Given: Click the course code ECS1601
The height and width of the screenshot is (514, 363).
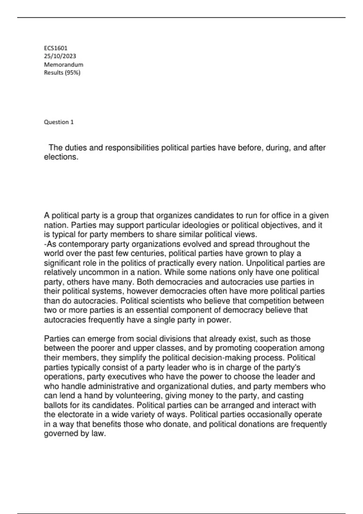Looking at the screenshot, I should (56, 48).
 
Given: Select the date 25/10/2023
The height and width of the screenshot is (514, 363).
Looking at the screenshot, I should (60, 56).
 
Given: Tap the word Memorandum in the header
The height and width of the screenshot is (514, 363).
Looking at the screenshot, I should (64, 64).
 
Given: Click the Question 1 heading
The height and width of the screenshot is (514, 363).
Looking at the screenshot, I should (59, 122).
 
